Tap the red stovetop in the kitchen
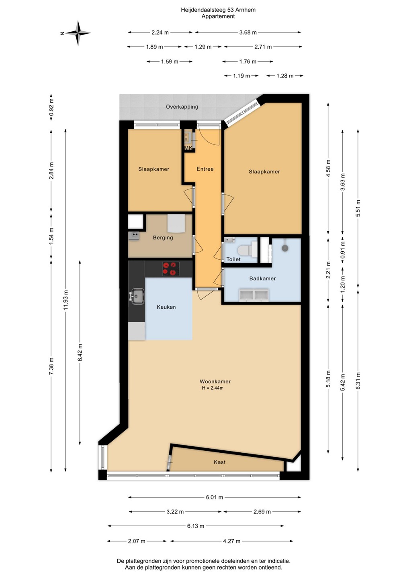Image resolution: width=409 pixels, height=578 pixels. click(x=171, y=269)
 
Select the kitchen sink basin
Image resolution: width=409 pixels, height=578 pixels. click(x=138, y=296)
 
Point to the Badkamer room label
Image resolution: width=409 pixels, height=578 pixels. click(x=262, y=279)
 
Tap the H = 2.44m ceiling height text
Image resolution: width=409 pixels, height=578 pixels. click(x=213, y=388)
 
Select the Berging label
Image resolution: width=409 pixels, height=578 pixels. click(x=163, y=238)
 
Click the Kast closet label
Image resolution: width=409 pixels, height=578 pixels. click(x=219, y=462)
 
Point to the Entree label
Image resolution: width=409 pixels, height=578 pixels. click(x=205, y=169)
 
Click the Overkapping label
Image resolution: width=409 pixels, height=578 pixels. click(x=182, y=107)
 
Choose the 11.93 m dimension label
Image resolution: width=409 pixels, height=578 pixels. click(x=66, y=300)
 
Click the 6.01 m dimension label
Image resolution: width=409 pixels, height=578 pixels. click(x=214, y=497)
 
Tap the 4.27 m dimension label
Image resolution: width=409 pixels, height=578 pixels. click(x=231, y=541)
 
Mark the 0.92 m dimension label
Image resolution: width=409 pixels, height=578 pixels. click(x=51, y=107)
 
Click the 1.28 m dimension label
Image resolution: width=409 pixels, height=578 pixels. click(x=285, y=76)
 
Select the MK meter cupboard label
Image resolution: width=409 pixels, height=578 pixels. click(x=188, y=148)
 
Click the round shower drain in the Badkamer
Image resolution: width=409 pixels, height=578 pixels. click(x=284, y=248)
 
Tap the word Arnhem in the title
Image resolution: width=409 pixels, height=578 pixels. click(x=246, y=10)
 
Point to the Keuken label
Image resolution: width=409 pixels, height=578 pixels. click(x=166, y=307)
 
